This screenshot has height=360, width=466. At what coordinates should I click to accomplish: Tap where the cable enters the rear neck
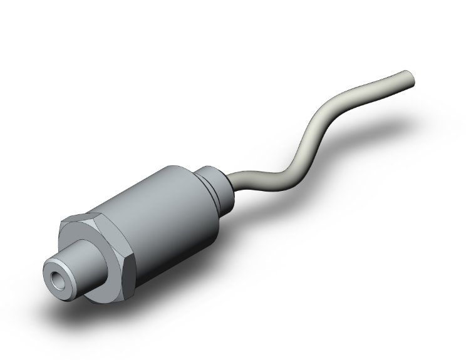[232, 182]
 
